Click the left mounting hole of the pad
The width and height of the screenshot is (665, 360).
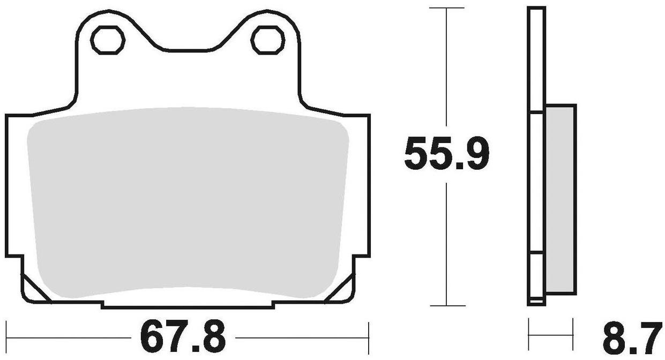[108, 39]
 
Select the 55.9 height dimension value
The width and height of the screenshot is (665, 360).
[446, 154]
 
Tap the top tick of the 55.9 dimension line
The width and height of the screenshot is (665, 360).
[446, 9]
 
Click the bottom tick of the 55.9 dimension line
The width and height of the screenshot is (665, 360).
[446, 306]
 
